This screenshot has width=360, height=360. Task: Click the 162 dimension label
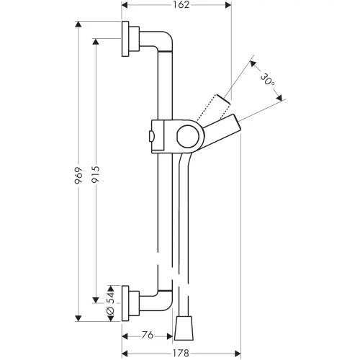[181, 5]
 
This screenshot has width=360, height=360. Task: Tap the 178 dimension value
[181, 353]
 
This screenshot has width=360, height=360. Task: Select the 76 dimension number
[148, 335]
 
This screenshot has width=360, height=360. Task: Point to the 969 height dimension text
[78, 176]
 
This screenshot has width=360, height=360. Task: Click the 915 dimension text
[96, 174]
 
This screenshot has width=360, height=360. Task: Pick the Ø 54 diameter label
[110, 303]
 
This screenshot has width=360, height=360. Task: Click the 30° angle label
[268, 80]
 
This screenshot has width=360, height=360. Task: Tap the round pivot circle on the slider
[188, 136]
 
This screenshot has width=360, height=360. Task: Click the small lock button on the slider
[151, 136]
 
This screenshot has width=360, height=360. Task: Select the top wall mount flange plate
[125, 39]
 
